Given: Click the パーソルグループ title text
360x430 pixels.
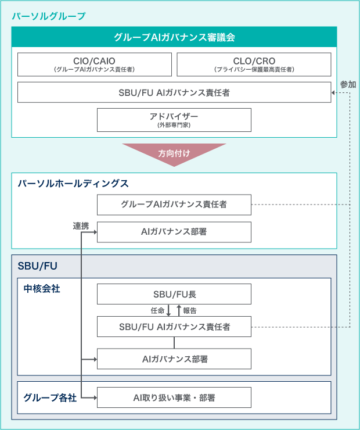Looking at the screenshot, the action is [49, 16].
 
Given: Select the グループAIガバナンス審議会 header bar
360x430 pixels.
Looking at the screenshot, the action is [174, 37].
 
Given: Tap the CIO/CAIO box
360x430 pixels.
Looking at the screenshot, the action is [95, 64].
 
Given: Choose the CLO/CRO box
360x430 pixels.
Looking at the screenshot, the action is [254, 64].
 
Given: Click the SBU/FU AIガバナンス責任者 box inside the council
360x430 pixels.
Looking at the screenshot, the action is [174, 92].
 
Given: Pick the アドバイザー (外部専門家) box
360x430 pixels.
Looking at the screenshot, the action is [174, 120].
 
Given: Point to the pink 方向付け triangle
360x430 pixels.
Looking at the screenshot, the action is [174, 153].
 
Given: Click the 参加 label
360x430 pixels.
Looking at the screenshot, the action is [348, 84].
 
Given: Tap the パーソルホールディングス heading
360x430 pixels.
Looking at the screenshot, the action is [73, 183].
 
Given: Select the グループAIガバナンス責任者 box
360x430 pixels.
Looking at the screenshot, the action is [174, 205].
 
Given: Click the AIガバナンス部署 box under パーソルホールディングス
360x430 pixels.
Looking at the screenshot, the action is [174, 232].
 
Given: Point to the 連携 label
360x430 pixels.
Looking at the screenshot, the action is [81, 226].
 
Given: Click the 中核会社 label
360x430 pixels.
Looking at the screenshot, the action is [42, 288].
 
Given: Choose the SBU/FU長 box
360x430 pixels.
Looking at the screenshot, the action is [174, 294].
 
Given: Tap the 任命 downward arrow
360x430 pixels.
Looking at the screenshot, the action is [168, 310].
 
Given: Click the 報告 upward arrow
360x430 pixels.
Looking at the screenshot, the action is [179, 310].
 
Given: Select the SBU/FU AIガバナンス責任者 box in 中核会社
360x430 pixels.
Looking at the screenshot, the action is [174, 327].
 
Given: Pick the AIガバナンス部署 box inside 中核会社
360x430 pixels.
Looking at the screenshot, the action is [174, 359].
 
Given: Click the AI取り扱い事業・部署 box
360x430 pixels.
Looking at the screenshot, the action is [174, 397].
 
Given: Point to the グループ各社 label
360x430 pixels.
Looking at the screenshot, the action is [50, 397].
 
